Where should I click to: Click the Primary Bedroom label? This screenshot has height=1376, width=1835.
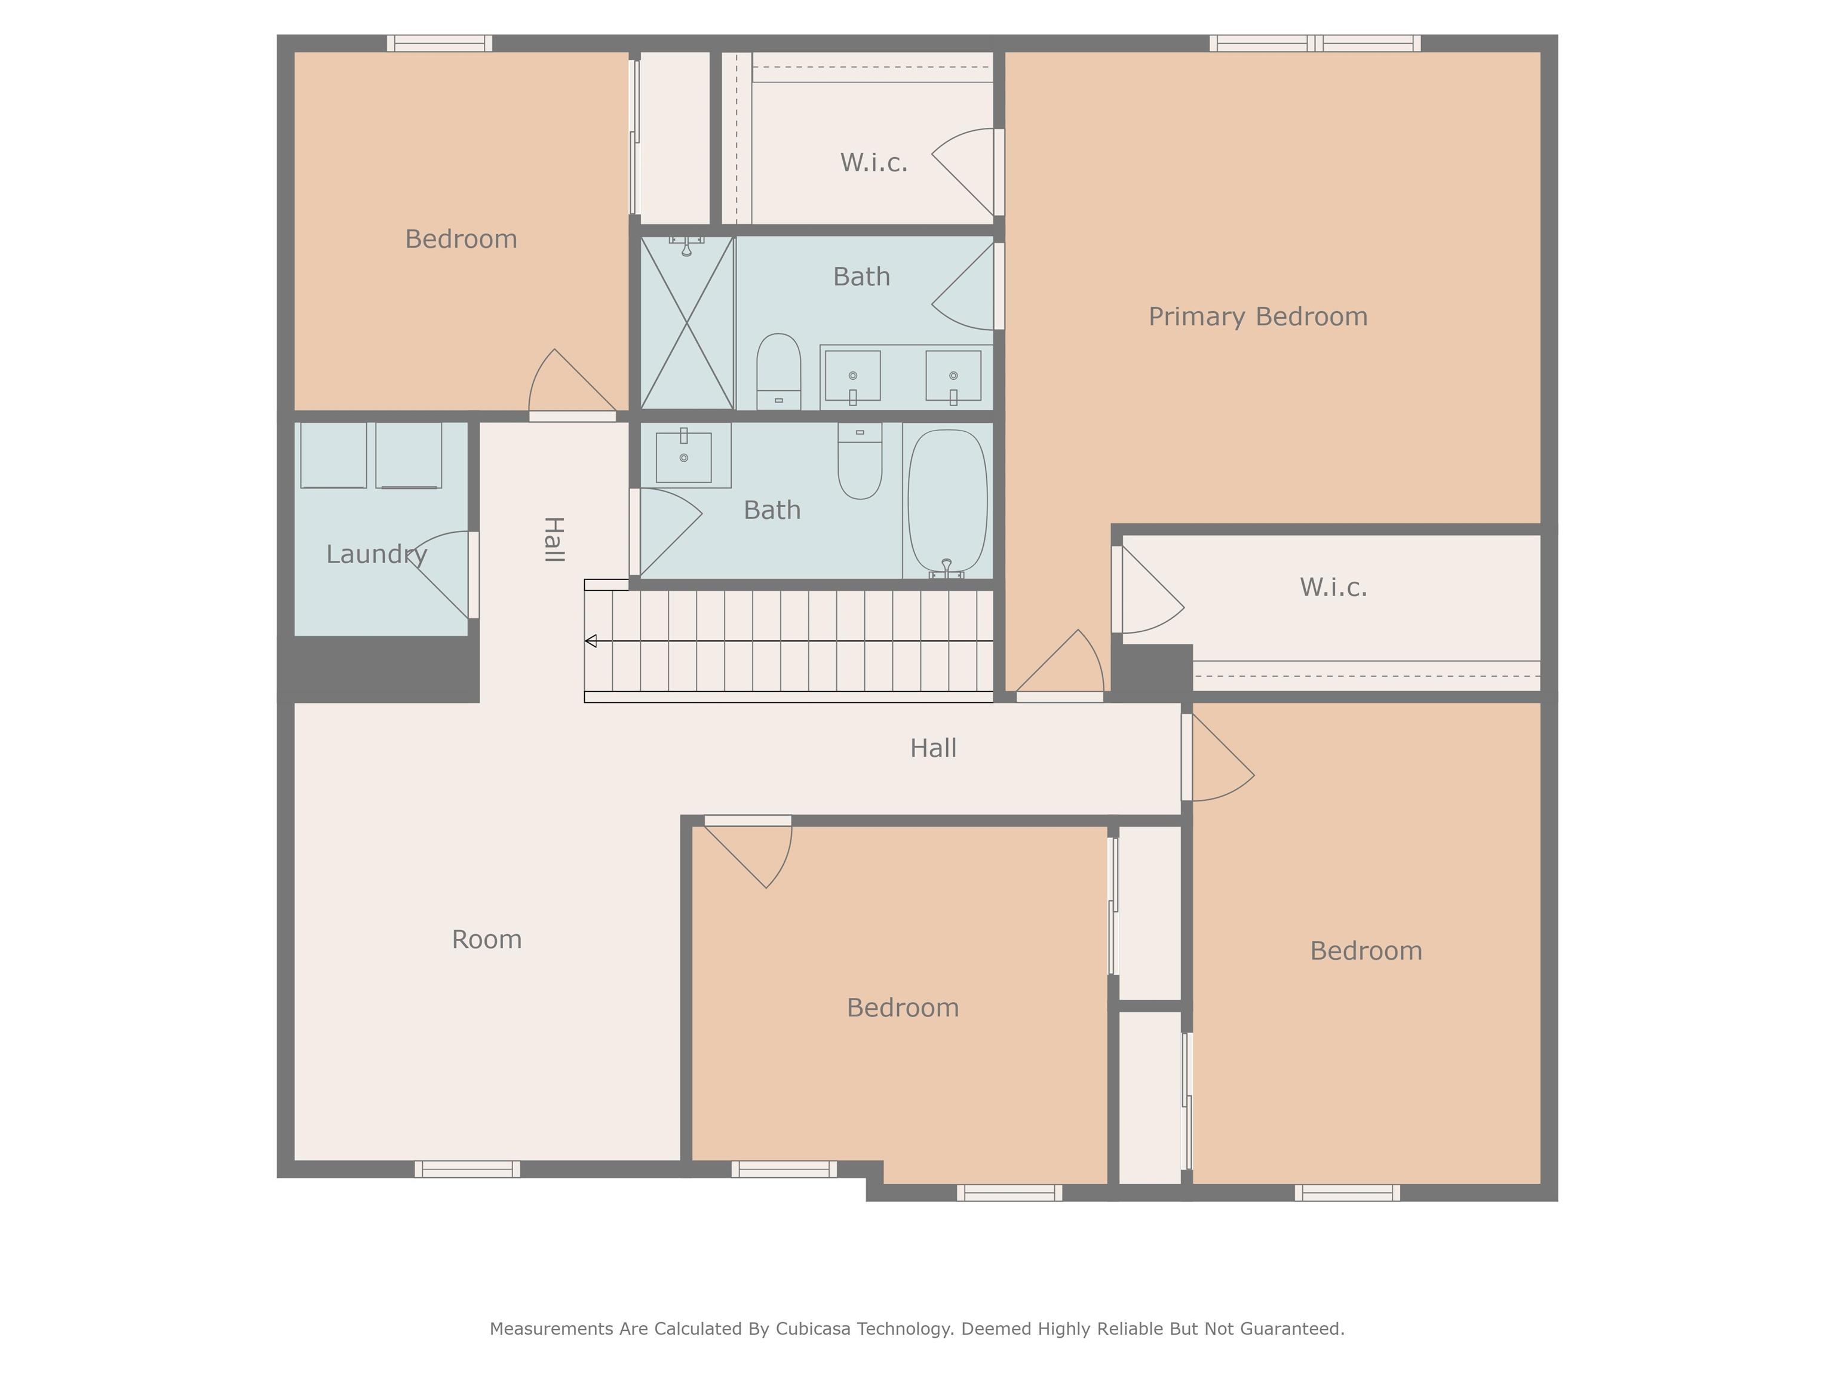(x=1257, y=317)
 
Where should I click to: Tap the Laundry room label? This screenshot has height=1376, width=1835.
(x=377, y=554)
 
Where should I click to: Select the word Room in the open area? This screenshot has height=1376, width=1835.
(x=486, y=939)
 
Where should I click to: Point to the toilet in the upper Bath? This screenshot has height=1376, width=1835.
(x=778, y=371)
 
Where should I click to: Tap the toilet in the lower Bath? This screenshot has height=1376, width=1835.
(x=860, y=460)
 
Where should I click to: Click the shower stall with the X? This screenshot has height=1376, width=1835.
(x=687, y=322)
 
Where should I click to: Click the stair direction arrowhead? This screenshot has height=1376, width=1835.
(x=591, y=641)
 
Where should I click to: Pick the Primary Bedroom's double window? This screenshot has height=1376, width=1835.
(x=1315, y=43)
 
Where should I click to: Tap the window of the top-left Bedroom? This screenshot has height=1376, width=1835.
(x=440, y=43)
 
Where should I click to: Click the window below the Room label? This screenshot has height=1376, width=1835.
(x=467, y=1169)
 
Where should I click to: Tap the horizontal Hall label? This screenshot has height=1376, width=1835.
(x=933, y=748)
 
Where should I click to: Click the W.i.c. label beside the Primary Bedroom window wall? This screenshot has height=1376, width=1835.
(x=873, y=162)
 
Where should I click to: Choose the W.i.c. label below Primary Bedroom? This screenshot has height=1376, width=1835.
(x=1333, y=587)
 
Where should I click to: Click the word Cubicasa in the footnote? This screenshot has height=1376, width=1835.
(x=813, y=1329)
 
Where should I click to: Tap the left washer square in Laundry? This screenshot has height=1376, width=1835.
(x=333, y=454)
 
